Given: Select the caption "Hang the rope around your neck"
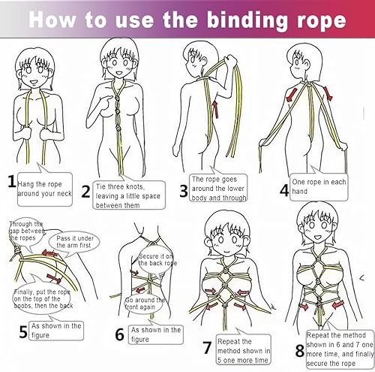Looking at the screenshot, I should (46, 185).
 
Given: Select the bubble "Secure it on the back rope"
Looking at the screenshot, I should (159, 261).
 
